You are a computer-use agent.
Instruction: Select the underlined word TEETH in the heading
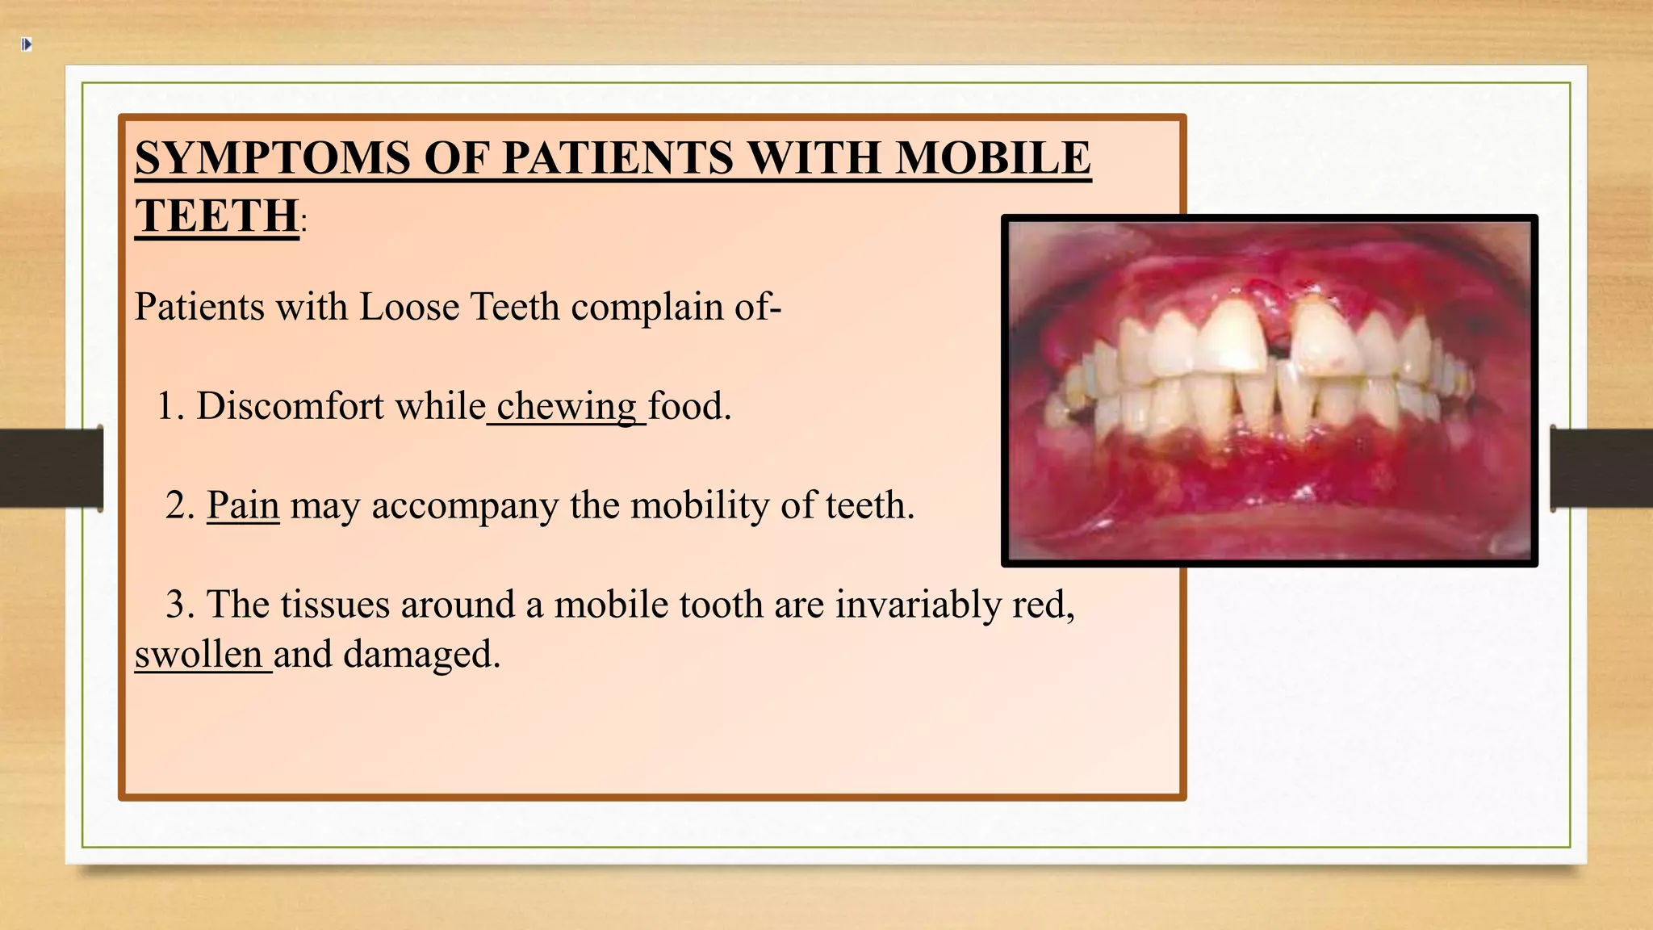pyautogui.click(x=216, y=216)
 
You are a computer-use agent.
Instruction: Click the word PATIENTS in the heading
pyautogui.click(x=617, y=157)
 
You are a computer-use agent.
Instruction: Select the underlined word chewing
pyautogui.click(x=567, y=406)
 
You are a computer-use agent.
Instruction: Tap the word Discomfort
pyautogui.click(x=290, y=406)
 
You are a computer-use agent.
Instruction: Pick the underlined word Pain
pyautogui.click(x=243, y=506)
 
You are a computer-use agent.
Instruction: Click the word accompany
pyautogui.click(x=464, y=506)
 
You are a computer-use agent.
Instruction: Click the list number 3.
pyautogui.click(x=177, y=605)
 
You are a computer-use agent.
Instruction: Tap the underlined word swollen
pyautogui.click(x=199, y=655)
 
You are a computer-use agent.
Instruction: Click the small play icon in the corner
pyautogui.click(x=27, y=44)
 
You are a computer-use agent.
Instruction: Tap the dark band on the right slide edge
pyautogui.click(x=1601, y=468)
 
